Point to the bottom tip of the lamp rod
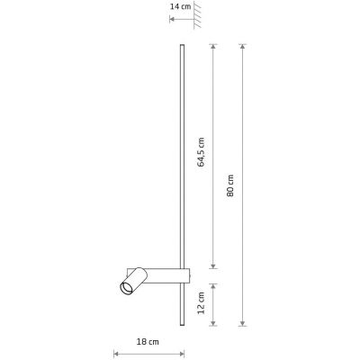[x=185, y=326]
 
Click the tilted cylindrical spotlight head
[x=132, y=280]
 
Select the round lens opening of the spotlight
[x=122, y=288]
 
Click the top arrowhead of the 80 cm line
[x=244, y=46]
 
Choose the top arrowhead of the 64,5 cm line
[x=213, y=46]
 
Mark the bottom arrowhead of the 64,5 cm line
[x=213, y=265]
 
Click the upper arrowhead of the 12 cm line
[x=213, y=281]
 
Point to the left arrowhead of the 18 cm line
[x=115, y=353]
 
